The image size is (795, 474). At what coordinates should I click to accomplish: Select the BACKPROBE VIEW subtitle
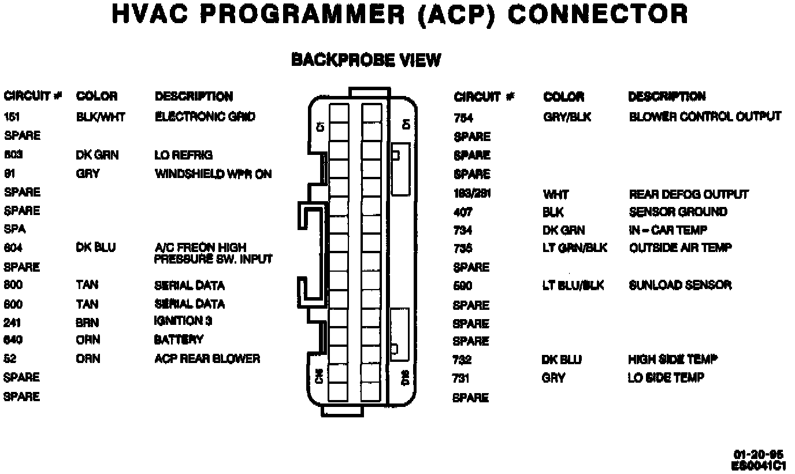[x=366, y=60]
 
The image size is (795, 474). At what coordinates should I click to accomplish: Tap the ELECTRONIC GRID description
[x=205, y=117]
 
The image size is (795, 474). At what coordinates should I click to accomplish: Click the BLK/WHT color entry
[x=101, y=117]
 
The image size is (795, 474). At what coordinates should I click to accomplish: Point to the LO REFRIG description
[x=183, y=155]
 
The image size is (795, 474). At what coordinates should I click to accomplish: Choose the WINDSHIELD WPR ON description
[x=213, y=173]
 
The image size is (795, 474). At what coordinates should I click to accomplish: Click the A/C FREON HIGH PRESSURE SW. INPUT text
[x=213, y=253]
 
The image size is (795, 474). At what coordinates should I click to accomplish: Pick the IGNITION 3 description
[x=179, y=321]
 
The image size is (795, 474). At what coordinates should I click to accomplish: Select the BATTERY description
[x=178, y=339]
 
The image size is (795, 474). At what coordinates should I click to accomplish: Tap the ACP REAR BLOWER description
[x=207, y=358]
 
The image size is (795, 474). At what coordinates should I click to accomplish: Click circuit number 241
[x=12, y=323]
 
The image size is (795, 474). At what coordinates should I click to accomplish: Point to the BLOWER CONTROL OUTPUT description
[x=705, y=117]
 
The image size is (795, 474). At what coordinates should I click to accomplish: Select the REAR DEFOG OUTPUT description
[x=688, y=194]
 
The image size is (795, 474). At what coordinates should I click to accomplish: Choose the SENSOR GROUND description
[x=678, y=212]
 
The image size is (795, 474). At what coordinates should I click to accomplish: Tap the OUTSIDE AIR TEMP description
[x=680, y=248]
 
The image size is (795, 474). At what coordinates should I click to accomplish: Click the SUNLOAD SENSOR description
[x=680, y=285]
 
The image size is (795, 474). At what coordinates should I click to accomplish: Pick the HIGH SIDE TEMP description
[x=673, y=360]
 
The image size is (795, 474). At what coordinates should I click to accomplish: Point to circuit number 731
[x=461, y=379]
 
